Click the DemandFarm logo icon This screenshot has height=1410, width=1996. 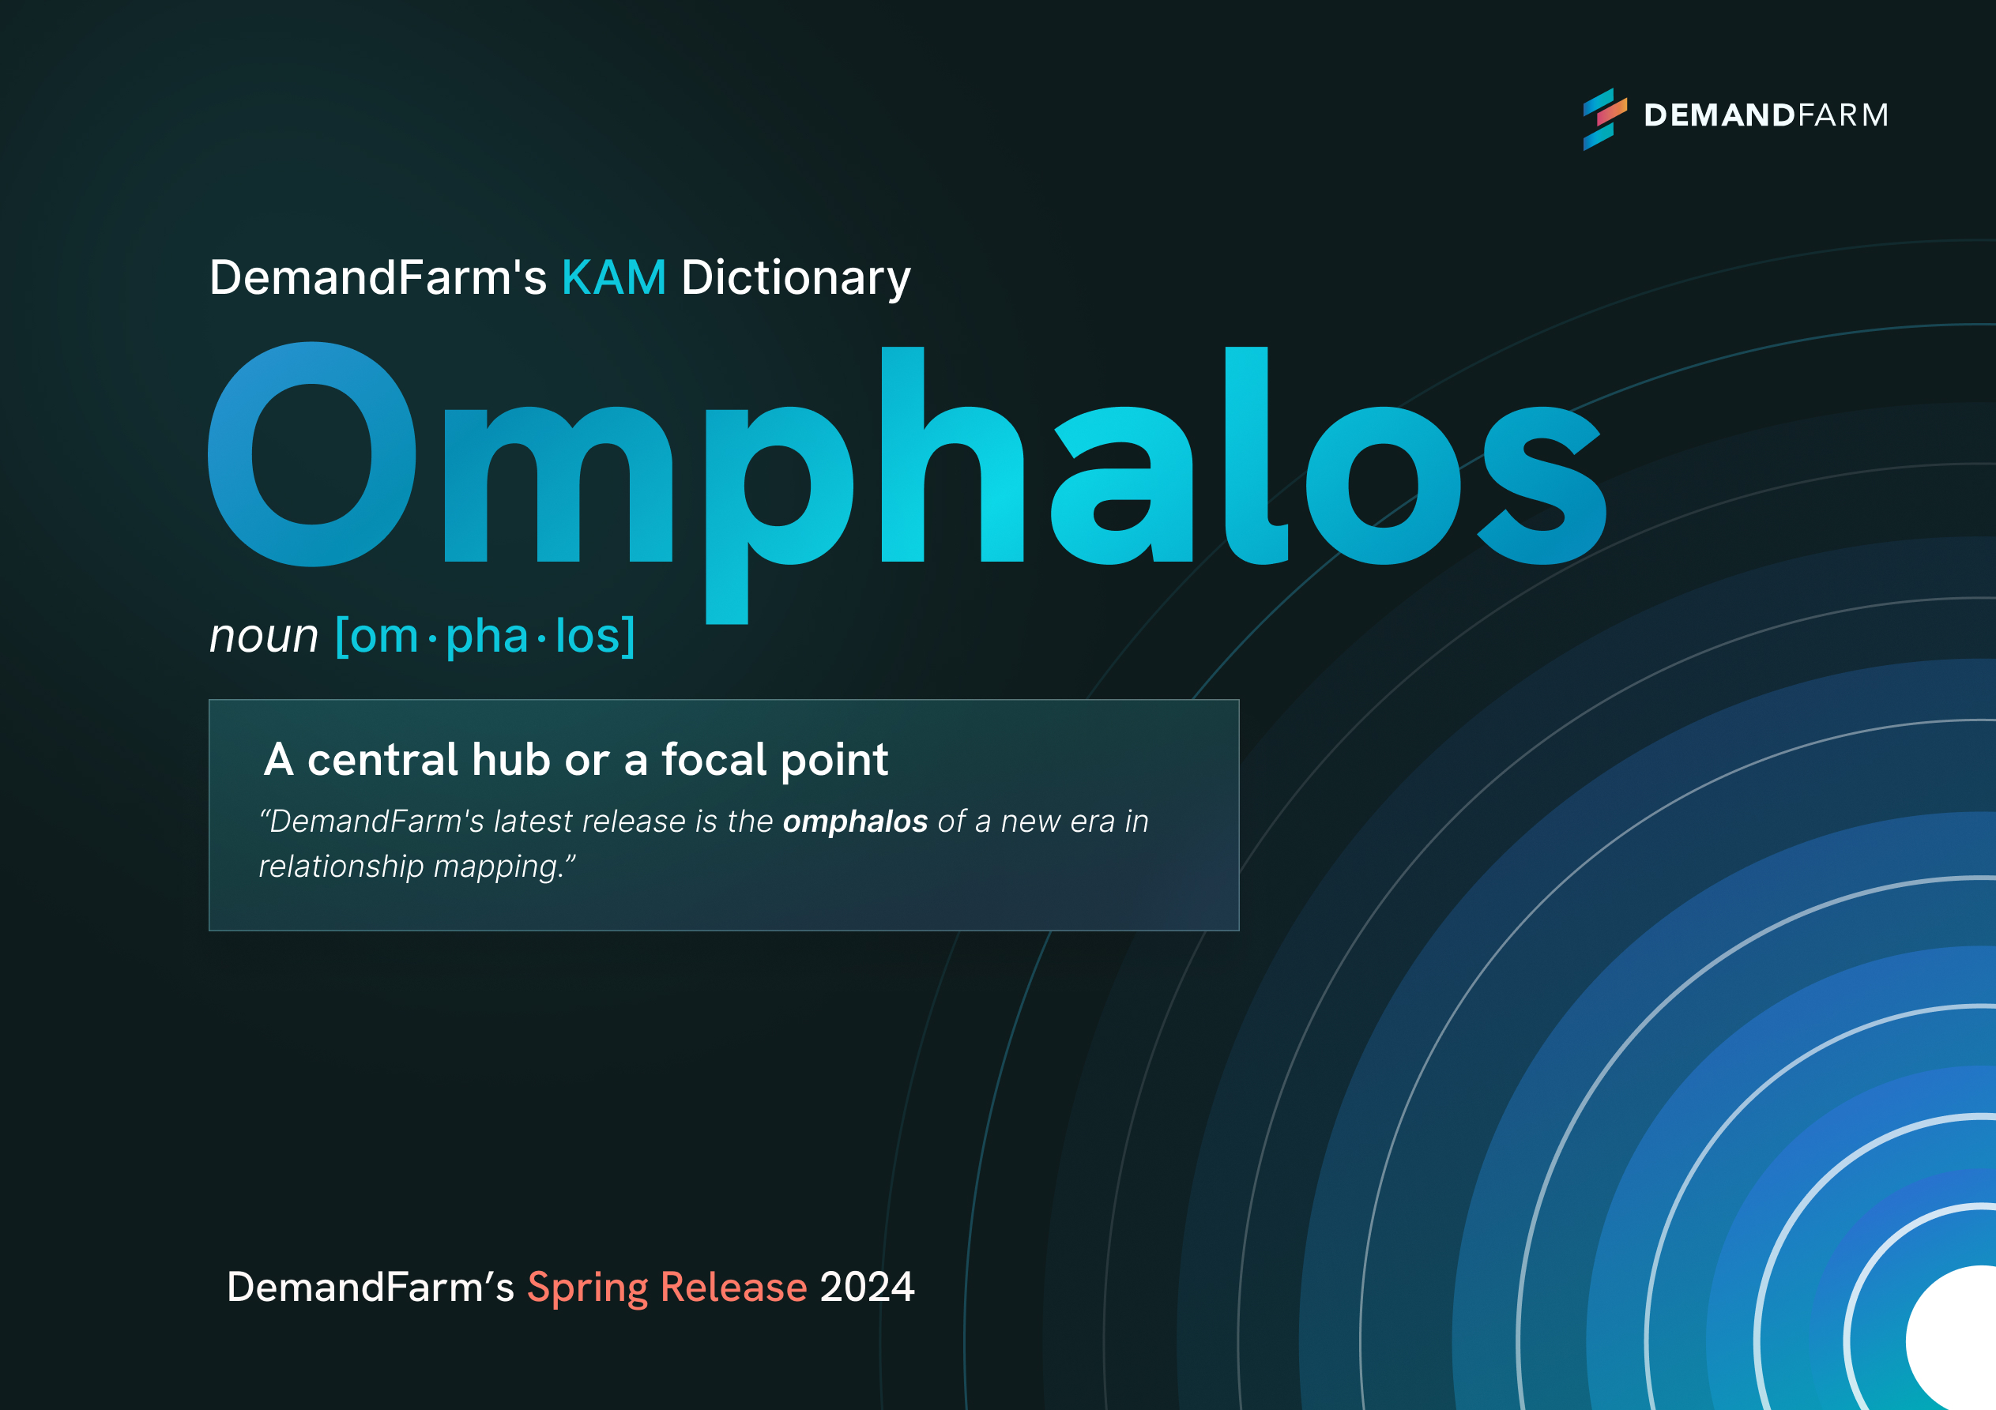pyautogui.click(x=1605, y=119)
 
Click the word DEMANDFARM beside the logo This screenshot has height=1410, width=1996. pyautogui.click(x=1765, y=115)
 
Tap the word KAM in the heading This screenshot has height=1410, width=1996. pyautogui.click(x=614, y=277)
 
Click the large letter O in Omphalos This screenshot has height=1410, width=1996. pyautogui.click(x=312, y=453)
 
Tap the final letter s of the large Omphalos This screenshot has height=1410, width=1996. pyautogui.click(x=1542, y=485)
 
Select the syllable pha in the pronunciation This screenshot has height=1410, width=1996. pyautogui.click(x=486, y=637)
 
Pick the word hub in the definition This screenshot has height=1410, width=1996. pyautogui.click(x=511, y=759)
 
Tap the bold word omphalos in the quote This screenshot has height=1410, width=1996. pyautogui.click(x=856, y=822)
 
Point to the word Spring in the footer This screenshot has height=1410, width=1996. pyautogui.click(x=588, y=1288)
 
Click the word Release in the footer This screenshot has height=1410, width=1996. pyautogui.click(x=734, y=1287)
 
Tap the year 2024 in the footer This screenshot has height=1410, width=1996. pyautogui.click(x=867, y=1287)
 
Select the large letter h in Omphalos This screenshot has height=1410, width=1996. pyautogui.click(x=952, y=453)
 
